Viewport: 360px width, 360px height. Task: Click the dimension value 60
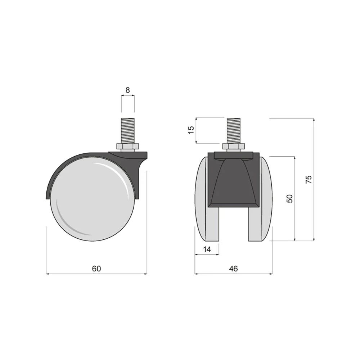tap(96, 269)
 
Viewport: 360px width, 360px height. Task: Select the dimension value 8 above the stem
tap(128, 90)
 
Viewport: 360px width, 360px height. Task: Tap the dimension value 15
tap(191, 130)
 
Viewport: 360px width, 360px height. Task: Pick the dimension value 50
tap(290, 199)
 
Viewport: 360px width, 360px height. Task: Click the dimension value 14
tap(207, 249)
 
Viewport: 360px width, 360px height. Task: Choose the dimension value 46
tap(233, 269)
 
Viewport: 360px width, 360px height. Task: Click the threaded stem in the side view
tap(128, 131)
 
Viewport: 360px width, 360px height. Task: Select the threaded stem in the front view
tap(234, 131)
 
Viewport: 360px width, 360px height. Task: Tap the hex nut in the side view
tap(128, 147)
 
